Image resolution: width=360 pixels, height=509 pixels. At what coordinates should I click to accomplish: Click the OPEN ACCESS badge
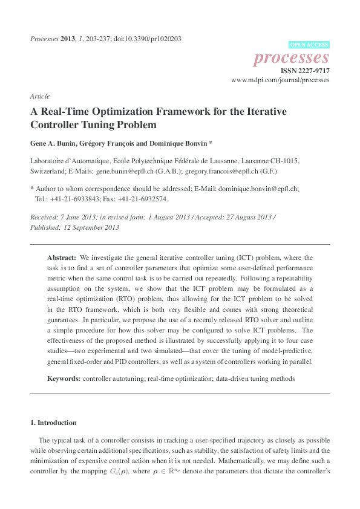click(x=309, y=45)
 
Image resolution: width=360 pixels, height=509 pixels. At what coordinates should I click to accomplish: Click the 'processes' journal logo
click(x=291, y=57)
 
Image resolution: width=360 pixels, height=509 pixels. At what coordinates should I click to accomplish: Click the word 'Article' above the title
click(x=39, y=96)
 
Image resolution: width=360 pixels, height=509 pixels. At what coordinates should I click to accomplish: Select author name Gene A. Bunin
click(x=55, y=144)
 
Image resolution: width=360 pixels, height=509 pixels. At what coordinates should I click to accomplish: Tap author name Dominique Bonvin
click(x=177, y=144)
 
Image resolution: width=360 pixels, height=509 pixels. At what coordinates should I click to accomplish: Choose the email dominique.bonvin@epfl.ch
click(x=258, y=188)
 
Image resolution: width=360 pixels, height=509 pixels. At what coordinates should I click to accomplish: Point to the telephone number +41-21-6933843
click(x=71, y=198)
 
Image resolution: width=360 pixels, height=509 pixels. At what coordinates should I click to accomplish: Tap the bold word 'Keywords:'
click(x=64, y=378)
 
